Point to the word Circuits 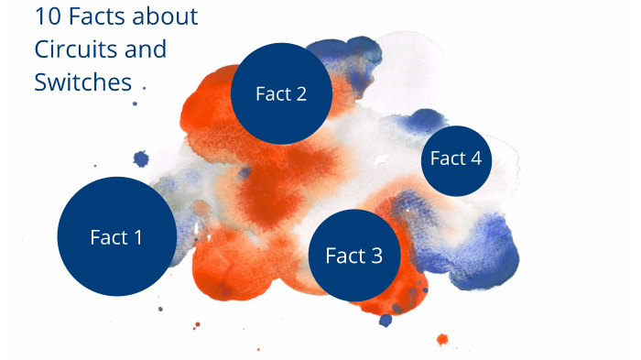point(71,49)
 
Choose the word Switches point(83,82)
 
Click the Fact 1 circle point(116,236)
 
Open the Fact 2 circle point(280,93)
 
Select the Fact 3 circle point(354,256)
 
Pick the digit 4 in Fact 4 point(474,158)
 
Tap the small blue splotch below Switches point(141,159)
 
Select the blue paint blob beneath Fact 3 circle point(386,320)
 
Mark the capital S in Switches point(41,82)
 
